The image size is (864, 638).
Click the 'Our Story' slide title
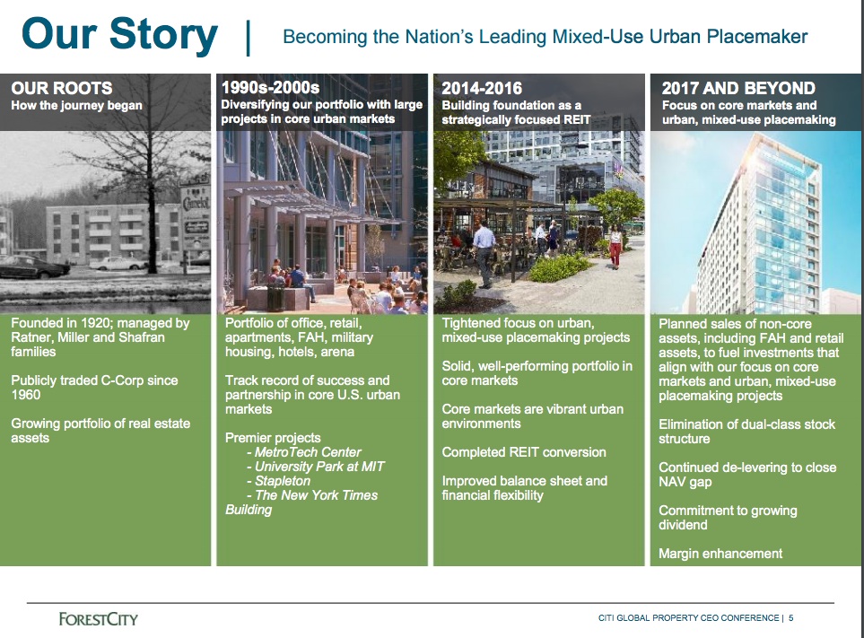tap(119, 36)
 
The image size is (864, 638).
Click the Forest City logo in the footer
tap(98, 618)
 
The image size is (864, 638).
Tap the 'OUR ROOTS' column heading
tap(62, 88)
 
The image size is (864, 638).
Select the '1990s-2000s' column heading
tap(270, 88)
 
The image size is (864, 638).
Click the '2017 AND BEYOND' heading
tap(737, 88)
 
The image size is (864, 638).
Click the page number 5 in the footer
tap(791, 618)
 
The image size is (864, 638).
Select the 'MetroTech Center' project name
tap(308, 452)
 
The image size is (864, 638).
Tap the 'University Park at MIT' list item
tap(319, 467)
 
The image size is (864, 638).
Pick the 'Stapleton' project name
tap(283, 481)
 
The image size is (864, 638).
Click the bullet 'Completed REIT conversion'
tap(524, 452)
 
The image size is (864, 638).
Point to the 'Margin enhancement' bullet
tap(720, 554)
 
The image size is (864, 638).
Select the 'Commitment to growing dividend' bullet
tap(728, 518)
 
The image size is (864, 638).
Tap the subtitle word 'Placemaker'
tap(761, 37)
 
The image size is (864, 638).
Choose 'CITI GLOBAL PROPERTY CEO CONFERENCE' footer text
tap(688, 618)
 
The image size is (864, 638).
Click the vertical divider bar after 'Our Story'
tap(248, 38)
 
